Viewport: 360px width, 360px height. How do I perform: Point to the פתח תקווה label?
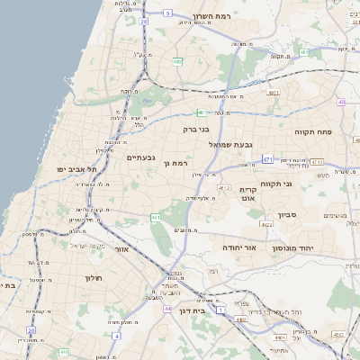tap(312, 130)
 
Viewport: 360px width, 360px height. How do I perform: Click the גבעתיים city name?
tap(142, 157)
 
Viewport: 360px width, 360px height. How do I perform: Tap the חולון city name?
tap(94, 278)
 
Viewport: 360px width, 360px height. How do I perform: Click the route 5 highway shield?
tap(168, 13)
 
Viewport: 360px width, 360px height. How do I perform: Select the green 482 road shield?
tap(177, 61)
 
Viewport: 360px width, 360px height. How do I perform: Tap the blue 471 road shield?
tap(268, 159)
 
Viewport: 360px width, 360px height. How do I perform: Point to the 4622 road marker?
tap(266, 223)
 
